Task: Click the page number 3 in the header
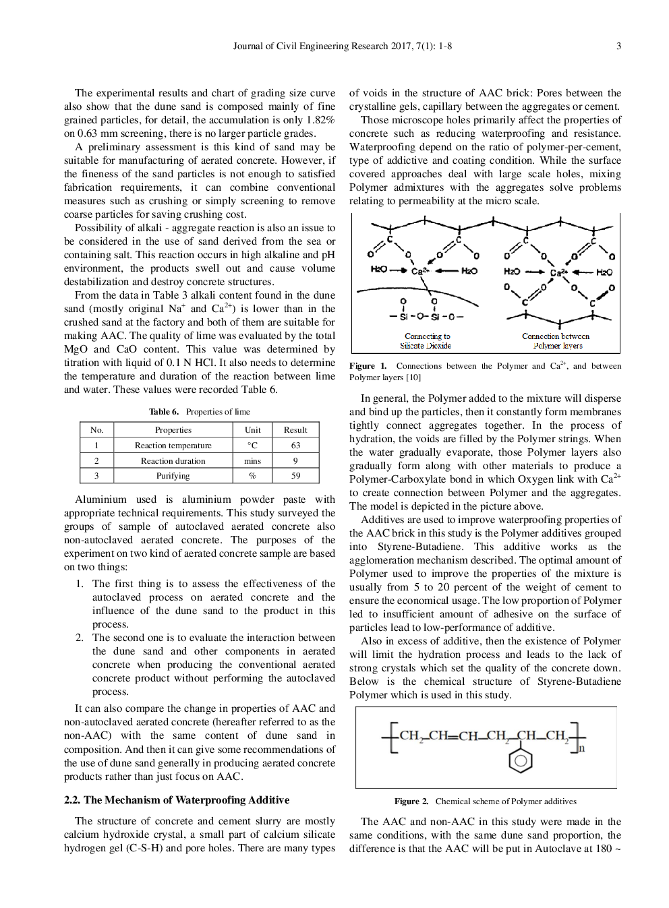click(x=618, y=47)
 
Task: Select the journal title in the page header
click(x=342, y=47)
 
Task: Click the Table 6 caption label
click(x=164, y=412)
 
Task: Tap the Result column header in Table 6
click(x=295, y=430)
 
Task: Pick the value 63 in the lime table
click(x=295, y=446)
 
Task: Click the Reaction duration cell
click(x=173, y=461)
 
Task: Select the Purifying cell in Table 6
click(x=173, y=476)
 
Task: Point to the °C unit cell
click(x=252, y=446)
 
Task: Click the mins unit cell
click(x=252, y=461)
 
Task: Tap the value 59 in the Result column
click(x=295, y=476)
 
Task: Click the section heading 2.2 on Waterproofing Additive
click(x=177, y=800)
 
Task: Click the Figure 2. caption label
click(x=411, y=801)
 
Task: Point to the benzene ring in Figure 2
click(x=520, y=761)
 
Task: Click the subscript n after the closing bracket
click(x=582, y=748)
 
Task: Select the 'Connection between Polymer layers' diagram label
click(x=556, y=341)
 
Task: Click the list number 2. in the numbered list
click(x=80, y=638)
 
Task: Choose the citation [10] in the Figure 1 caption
click(x=413, y=377)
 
